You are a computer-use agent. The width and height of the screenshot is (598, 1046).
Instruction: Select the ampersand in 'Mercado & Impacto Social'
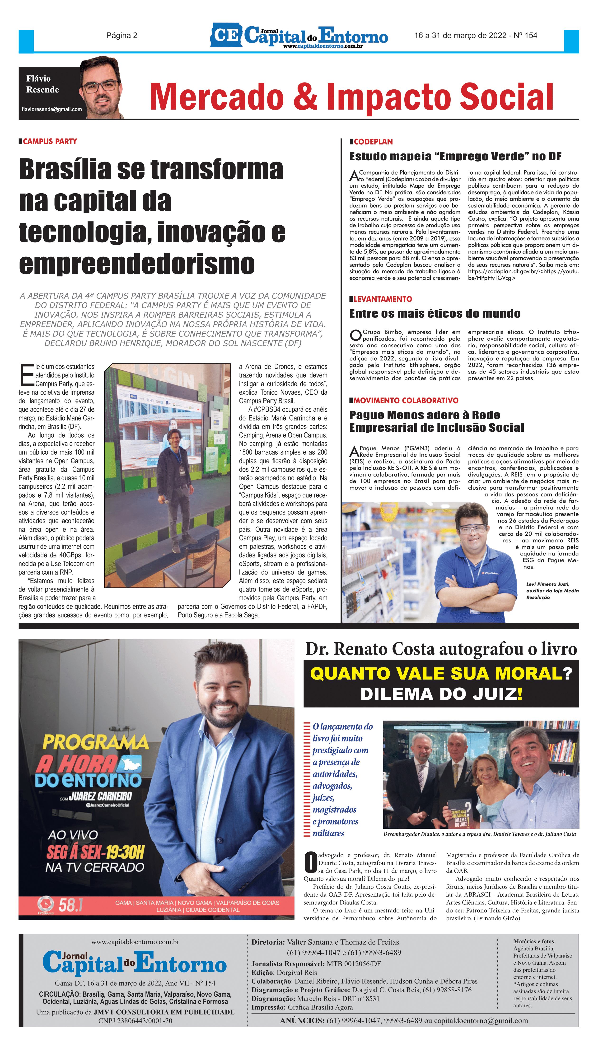(x=304, y=97)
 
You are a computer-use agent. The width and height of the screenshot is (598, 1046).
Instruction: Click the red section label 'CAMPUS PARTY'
(x=50, y=142)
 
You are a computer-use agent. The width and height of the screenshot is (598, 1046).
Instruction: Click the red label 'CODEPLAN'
(x=373, y=142)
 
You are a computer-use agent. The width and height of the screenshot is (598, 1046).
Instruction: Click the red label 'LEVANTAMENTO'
(x=382, y=299)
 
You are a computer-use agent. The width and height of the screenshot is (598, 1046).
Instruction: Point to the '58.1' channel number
(x=71, y=905)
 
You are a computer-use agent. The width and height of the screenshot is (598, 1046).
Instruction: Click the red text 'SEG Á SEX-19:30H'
(x=95, y=852)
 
